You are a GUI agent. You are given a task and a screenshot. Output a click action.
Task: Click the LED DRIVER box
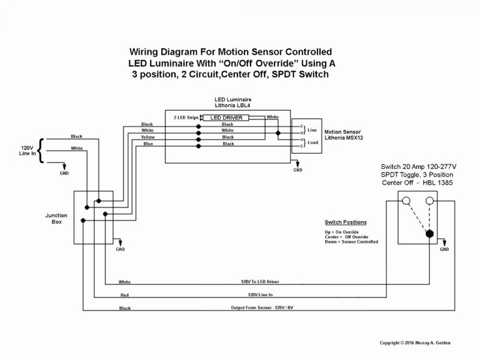pyautogui.click(x=228, y=117)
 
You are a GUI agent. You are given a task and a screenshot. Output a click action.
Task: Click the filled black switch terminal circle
pyautogui.click(x=430, y=234)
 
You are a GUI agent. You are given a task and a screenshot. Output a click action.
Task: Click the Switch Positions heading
pyautogui.click(x=346, y=222)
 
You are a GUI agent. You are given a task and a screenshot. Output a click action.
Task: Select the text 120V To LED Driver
pyautogui.click(x=256, y=282)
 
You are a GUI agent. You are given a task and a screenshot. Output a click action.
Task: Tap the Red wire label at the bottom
pyautogui.click(x=124, y=295)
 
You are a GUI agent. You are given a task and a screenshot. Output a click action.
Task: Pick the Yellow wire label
pyautogui.click(x=147, y=137)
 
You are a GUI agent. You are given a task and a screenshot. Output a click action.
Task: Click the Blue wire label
pyautogui.click(x=147, y=144)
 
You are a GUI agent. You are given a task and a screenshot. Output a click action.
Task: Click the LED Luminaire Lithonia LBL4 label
pyautogui.click(x=232, y=102)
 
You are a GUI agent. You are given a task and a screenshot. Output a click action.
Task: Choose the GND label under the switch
pyautogui.click(x=444, y=249)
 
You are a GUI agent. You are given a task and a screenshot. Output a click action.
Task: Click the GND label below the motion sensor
pyautogui.click(x=298, y=170)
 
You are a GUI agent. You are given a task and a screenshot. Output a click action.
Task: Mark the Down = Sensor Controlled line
pyautogui.click(x=351, y=242)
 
